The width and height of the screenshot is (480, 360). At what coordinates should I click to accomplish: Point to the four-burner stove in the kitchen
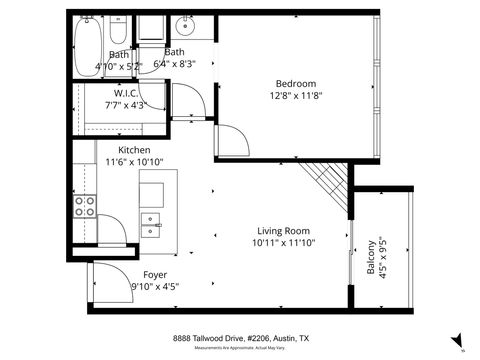tap(85, 205)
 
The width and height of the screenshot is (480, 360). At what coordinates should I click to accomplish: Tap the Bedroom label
tap(296, 83)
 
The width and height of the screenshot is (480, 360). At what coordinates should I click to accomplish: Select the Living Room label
tap(284, 230)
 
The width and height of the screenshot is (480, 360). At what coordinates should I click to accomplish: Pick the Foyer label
tap(154, 273)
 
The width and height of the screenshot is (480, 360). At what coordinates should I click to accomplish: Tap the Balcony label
tap(372, 257)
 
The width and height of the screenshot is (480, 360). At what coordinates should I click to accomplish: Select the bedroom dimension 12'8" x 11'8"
tap(296, 96)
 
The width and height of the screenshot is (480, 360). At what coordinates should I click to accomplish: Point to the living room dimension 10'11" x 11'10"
tap(284, 243)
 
